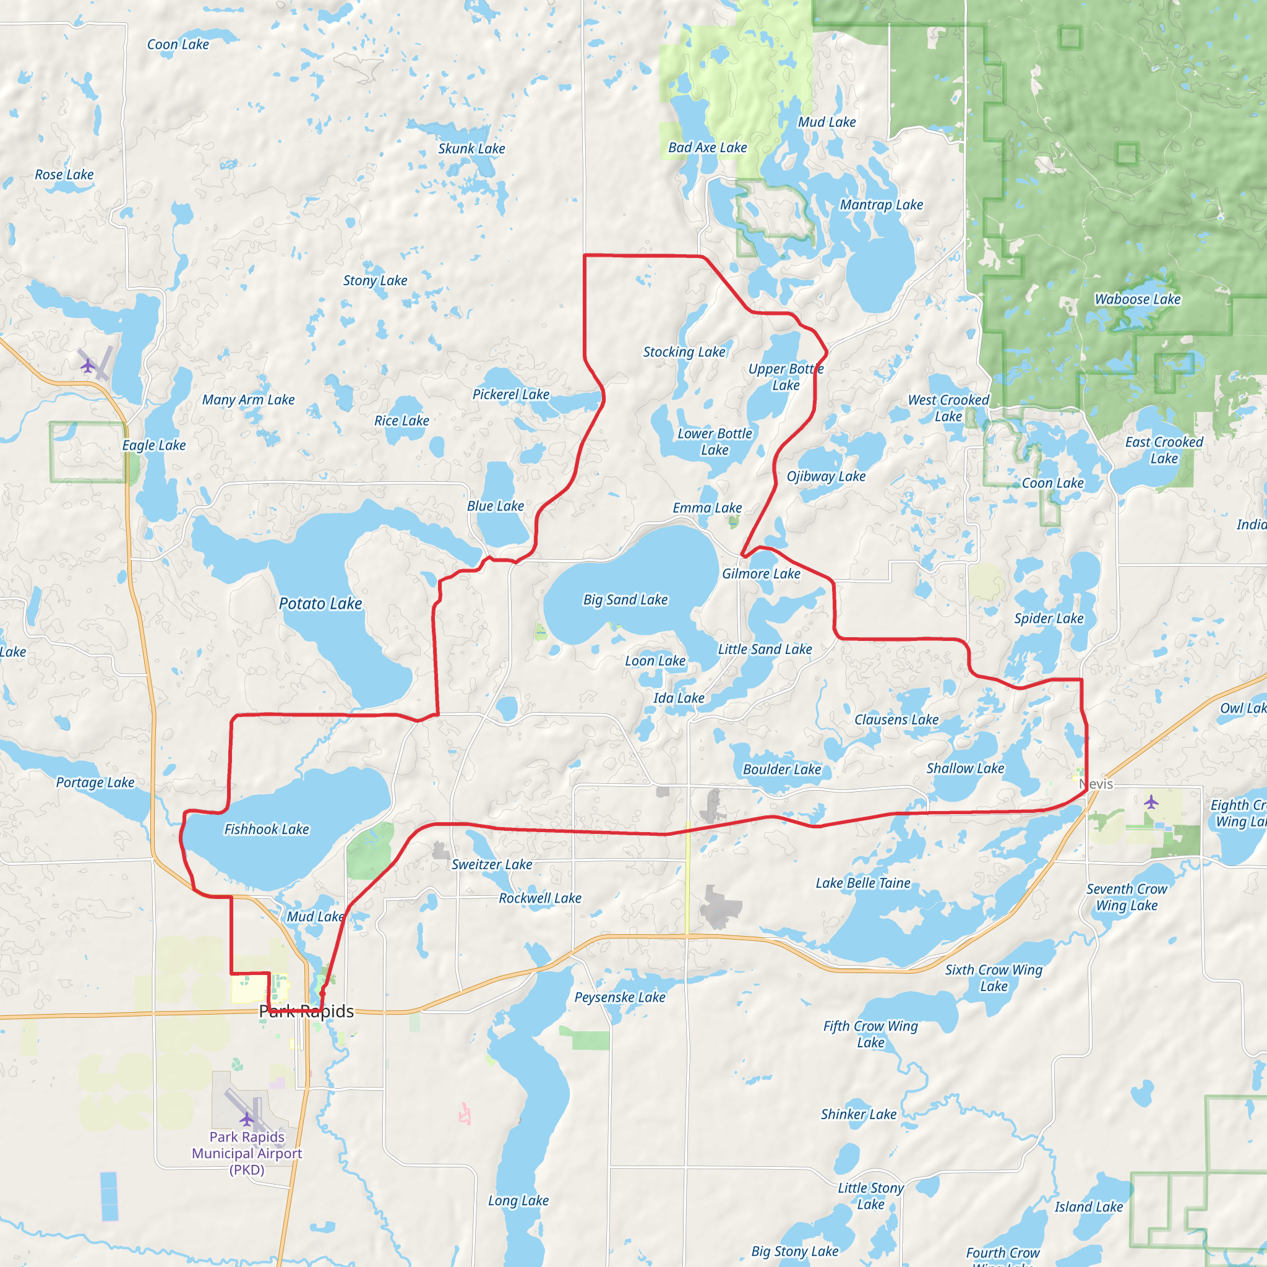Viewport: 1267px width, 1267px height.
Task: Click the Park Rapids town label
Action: point(306,1011)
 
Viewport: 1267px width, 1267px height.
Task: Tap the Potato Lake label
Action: point(320,603)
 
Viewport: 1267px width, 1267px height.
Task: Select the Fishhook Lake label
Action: point(266,829)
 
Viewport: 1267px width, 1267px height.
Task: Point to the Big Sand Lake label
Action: point(625,599)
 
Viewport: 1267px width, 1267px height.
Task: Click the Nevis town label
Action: point(1096,784)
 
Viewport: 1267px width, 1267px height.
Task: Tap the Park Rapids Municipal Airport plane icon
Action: point(247,1118)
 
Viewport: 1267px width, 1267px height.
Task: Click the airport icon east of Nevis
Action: point(1151,801)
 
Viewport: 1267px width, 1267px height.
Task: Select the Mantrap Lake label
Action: point(882,205)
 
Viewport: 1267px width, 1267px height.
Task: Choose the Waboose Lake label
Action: point(1138,299)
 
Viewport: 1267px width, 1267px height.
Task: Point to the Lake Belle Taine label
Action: point(863,883)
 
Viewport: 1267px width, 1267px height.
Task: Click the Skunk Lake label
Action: point(471,148)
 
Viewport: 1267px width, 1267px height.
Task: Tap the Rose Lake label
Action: point(64,174)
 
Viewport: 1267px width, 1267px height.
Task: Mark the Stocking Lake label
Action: point(684,351)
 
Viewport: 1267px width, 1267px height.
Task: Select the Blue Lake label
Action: point(495,505)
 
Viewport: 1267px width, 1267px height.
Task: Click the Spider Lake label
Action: point(1049,618)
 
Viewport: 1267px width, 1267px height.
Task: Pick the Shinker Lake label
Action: point(859,1114)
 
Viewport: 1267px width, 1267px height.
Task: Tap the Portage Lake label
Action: point(95,782)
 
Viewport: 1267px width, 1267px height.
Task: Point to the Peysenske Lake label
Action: point(620,997)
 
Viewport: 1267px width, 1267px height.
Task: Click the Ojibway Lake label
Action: point(827,476)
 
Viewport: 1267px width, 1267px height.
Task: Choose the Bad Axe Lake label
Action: point(708,148)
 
